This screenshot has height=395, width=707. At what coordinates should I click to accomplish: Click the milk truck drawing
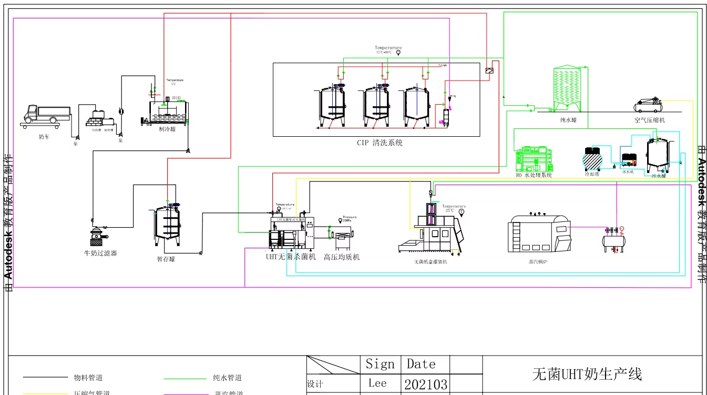pos(47,116)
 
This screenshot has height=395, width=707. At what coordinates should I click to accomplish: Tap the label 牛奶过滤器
pos(100,253)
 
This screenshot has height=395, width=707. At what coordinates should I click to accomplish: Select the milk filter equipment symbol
pos(98,236)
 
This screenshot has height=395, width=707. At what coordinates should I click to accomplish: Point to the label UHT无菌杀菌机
pos(291,257)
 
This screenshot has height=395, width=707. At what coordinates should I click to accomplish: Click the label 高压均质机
pos(342,257)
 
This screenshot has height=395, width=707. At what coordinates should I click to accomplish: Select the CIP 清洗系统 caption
pos(380,143)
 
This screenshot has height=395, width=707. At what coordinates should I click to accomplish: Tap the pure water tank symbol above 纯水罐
pos(568,89)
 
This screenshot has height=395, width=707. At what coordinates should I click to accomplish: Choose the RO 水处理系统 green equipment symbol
pos(534,158)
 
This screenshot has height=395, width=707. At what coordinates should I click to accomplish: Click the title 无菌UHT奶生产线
pos(587,374)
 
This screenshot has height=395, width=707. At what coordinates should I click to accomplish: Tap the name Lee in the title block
pos(377,383)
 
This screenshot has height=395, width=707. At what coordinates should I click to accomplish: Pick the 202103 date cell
pos(426,384)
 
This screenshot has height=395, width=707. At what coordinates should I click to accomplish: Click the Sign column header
pos(380,364)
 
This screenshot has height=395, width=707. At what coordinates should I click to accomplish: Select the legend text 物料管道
pos(88,378)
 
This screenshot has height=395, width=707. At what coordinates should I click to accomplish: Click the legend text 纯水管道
pos(227,378)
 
